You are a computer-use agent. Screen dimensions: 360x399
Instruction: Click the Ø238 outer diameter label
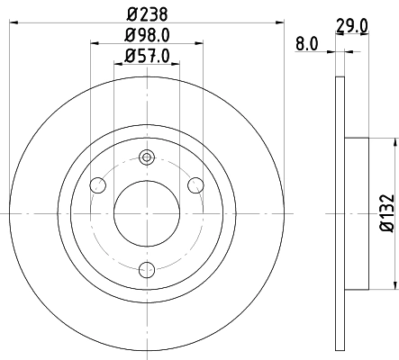[x=147, y=13]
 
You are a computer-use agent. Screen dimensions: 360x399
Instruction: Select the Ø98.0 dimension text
[x=147, y=36]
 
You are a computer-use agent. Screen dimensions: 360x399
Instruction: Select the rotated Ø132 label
[x=385, y=213]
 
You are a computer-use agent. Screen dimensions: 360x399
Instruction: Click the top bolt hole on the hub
[x=147, y=158]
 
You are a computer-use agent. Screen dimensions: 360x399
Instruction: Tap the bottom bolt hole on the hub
[x=147, y=267]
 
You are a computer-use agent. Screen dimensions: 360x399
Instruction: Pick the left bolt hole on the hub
[x=98, y=185]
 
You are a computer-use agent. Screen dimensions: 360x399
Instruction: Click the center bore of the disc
[x=147, y=213]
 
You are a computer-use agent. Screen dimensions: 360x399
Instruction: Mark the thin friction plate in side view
[x=340, y=213]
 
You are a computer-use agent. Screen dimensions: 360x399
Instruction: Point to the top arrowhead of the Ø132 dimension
[x=394, y=141]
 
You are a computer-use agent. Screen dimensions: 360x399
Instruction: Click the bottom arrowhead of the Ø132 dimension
[x=394, y=286]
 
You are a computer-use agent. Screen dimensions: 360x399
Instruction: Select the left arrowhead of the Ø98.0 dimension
[x=95, y=44]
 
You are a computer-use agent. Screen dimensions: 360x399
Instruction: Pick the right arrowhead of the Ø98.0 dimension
[x=200, y=44]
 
